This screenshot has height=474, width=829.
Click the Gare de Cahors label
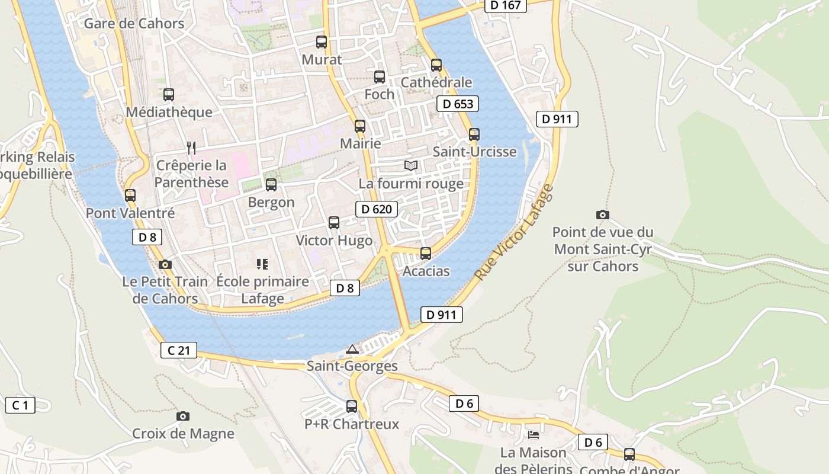pos(134,24)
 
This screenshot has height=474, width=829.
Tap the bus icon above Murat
pos(322,42)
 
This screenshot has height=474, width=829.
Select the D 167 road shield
pos(506,5)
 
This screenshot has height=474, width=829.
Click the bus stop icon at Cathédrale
pos(436,65)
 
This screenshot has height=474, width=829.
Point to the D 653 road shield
pos(458,104)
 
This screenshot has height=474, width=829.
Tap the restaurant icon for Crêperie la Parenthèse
pos(191,148)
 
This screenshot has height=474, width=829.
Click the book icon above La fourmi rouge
pos(411,165)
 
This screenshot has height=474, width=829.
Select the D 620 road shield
pos(377,209)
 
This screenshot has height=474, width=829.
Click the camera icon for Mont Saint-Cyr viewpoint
pos(602,214)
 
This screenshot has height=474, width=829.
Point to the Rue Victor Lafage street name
pos(514,233)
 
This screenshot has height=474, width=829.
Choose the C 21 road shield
pos(178,350)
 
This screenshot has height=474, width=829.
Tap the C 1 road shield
pos(20,405)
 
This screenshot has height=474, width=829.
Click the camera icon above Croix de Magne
pos(183,417)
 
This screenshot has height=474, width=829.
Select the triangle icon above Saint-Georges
pos(352,349)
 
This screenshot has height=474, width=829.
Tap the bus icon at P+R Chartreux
pos(352,406)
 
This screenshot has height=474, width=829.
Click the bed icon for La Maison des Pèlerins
pos(534,435)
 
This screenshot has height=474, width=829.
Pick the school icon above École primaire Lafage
pos(262,264)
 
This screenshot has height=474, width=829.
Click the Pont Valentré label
pos(130,213)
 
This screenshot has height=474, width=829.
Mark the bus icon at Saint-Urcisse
pos(474,134)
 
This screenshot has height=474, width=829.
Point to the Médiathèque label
pos(169,113)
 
